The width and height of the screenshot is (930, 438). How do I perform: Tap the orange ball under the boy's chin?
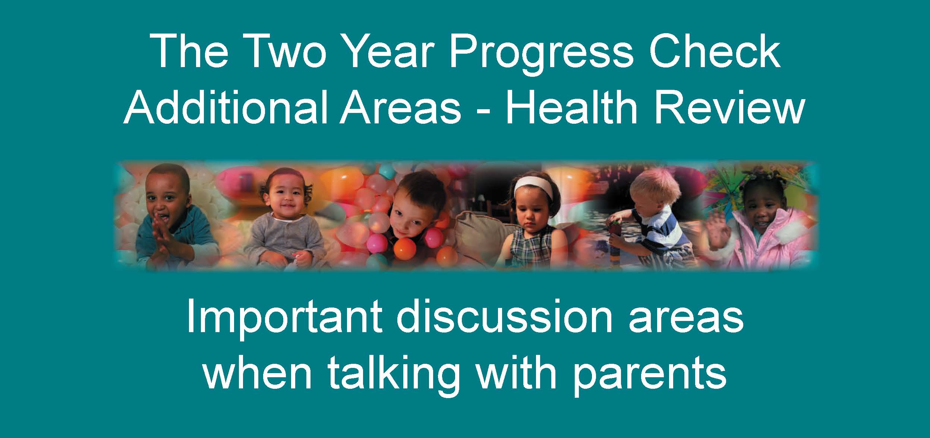tap(406, 247)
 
